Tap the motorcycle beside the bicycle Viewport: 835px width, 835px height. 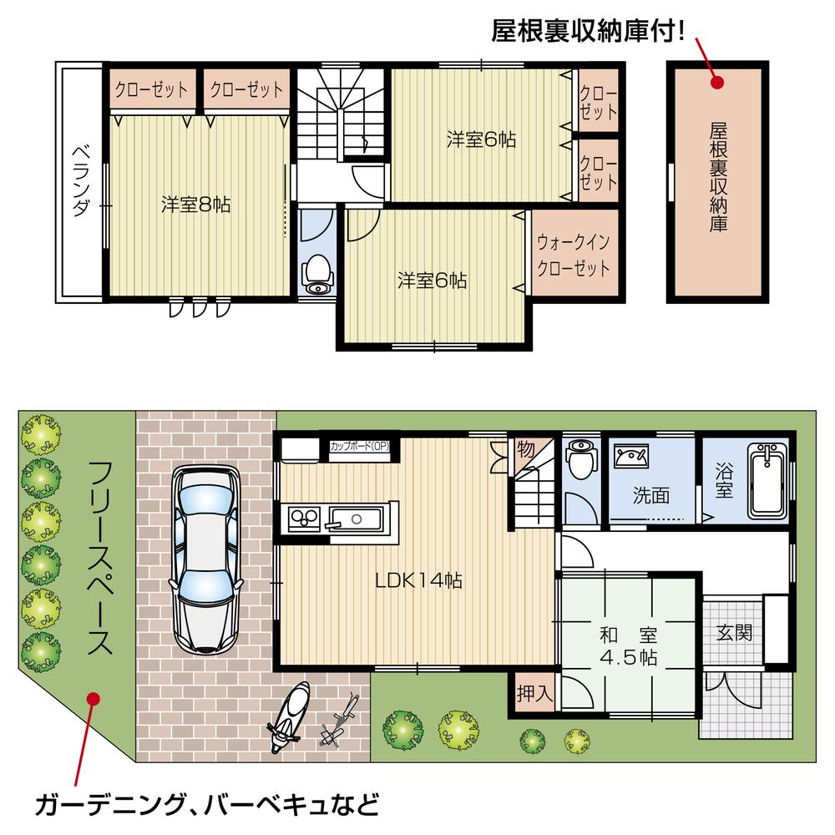(288, 716)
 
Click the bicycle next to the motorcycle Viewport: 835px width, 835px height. (341, 720)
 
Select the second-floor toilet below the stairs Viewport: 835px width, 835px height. (316, 273)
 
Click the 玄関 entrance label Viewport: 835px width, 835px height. (733, 632)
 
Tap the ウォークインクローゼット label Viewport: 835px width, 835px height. (573, 256)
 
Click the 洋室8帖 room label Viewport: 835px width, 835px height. (195, 204)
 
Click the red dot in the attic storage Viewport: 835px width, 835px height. (716, 81)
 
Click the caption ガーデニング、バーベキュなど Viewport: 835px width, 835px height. (207, 805)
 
